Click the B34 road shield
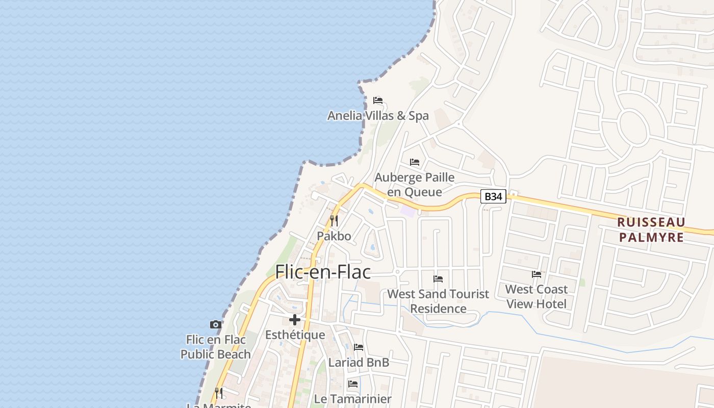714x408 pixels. coord(493,196)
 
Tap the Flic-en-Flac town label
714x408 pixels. coord(323,272)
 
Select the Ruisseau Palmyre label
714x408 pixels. coord(651,230)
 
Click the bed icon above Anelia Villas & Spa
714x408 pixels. coord(378,100)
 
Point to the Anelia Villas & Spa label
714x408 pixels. coord(378,116)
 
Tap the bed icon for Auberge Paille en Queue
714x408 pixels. coord(415,162)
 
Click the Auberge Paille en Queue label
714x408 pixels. coord(414,185)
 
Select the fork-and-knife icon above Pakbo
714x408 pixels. coord(334,221)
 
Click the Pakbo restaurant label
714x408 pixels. coord(334,236)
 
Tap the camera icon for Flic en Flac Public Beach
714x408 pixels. coord(216,324)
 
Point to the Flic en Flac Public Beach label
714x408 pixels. coord(216,347)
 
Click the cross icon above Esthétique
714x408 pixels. coord(295,320)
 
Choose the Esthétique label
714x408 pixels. coord(295,335)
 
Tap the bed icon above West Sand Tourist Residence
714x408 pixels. coord(438,279)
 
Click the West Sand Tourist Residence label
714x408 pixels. coord(438,301)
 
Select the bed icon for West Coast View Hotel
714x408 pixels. coord(537,274)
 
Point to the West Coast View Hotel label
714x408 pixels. coord(537,296)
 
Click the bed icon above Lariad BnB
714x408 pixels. coord(359,347)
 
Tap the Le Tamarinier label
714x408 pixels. coord(353,399)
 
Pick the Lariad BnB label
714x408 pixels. coord(359,363)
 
